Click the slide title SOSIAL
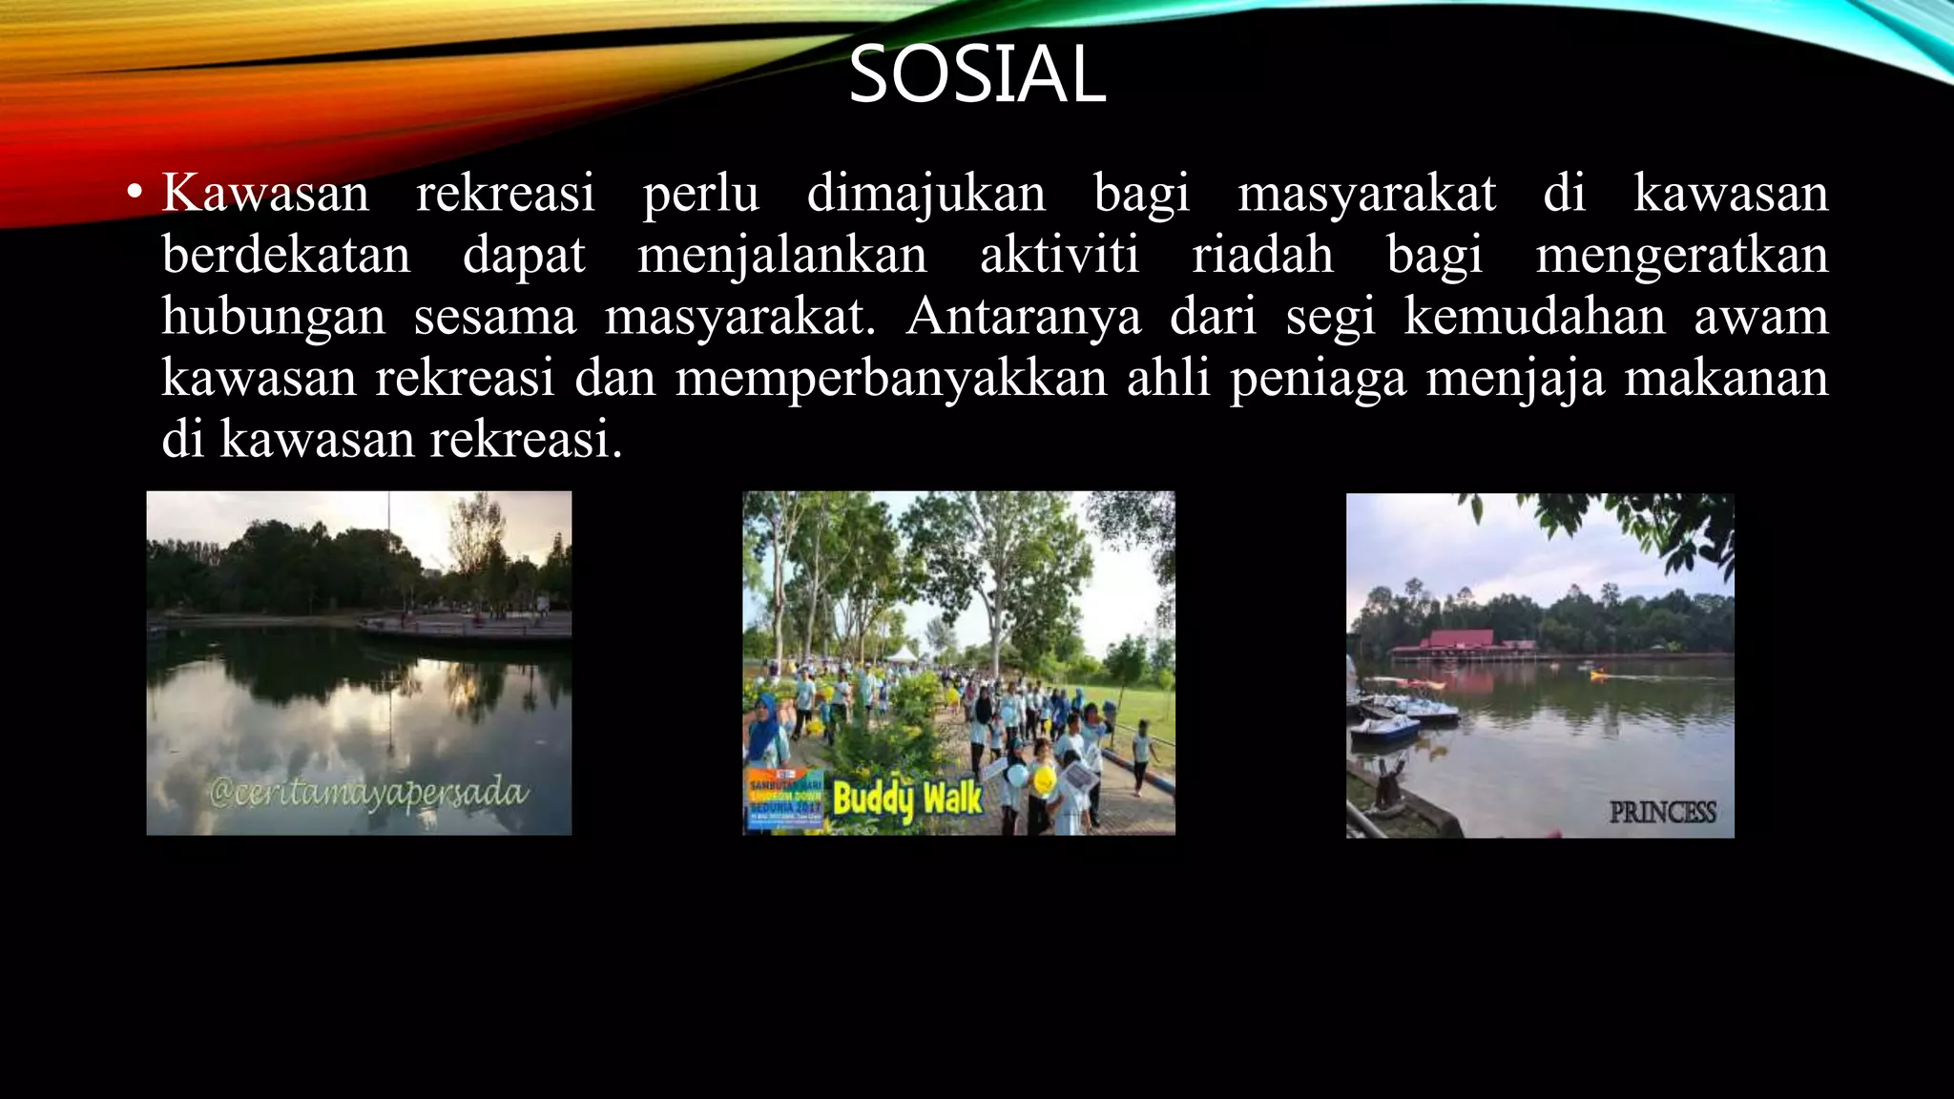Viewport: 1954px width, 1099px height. pos(977,74)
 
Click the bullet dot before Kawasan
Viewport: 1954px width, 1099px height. pos(135,194)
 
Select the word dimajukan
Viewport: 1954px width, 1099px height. pos(925,194)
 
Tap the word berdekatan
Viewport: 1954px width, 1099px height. pos(286,256)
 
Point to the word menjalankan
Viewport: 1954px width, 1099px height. pos(782,256)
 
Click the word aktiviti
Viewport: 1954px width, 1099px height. pos(1059,256)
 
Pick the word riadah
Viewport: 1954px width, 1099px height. pos(1262,256)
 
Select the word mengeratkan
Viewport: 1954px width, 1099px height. pos(1681,256)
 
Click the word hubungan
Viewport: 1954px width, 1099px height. pos(274,318)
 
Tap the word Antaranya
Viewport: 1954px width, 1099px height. pos(1023,317)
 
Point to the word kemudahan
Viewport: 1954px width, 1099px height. pos(1534,317)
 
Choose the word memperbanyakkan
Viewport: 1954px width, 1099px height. pos(891,379)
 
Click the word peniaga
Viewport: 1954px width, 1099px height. pos(1318,379)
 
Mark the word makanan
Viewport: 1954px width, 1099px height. pos(1726,379)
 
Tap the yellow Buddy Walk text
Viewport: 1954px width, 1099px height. pos(906,799)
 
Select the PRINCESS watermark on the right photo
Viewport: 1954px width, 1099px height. pos(1662,813)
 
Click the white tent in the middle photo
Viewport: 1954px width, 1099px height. pos(902,654)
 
